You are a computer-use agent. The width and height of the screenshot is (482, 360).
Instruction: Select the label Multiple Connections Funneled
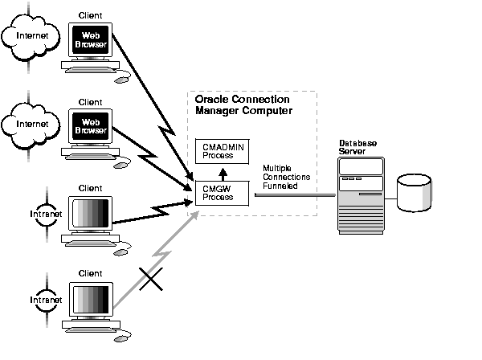coord(281,176)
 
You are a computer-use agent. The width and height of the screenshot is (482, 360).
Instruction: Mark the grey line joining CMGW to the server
coord(295,194)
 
